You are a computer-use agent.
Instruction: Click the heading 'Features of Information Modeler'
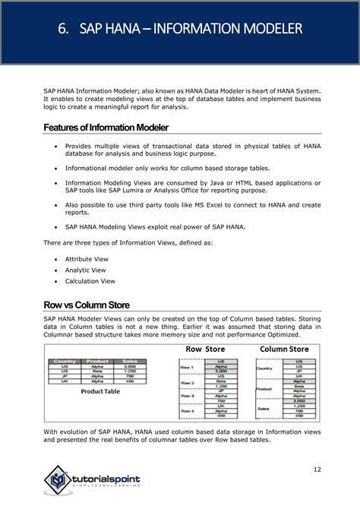106,127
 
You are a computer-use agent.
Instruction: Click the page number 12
317,469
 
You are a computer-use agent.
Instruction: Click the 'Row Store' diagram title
204,349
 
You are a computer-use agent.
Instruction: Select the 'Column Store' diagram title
283,349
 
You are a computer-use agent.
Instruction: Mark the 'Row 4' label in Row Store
188,412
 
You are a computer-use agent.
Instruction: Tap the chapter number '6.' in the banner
65,29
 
